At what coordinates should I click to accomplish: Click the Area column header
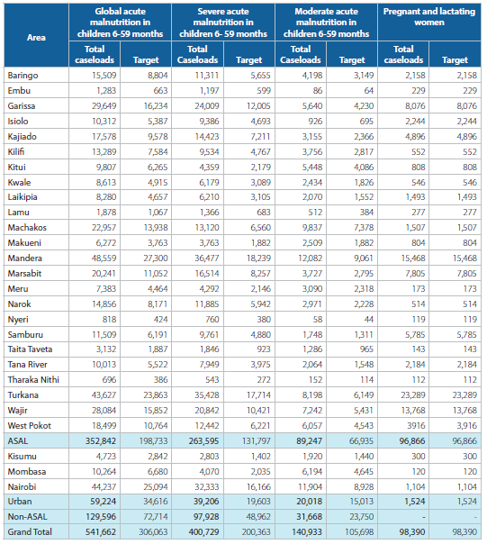click(36, 38)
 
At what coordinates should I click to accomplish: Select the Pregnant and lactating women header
click(429, 16)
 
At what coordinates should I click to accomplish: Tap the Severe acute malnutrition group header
click(223, 23)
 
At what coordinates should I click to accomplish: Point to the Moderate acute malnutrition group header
click(326, 23)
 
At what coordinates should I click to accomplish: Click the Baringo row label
click(23, 76)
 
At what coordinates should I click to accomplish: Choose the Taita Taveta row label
click(30, 349)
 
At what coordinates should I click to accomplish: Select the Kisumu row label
click(22, 457)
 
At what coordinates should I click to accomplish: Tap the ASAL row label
click(18, 441)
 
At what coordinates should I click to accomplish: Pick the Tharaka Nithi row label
click(33, 379)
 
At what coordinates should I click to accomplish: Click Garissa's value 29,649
click(104, 105)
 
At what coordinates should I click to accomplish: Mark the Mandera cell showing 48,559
click(104, 258)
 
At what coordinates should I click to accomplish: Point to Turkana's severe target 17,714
click(258, 394)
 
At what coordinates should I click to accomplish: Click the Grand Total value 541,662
click(101, 532)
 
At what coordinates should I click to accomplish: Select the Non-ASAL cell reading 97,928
click(206, 517)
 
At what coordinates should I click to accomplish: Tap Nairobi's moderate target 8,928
click(364, 486)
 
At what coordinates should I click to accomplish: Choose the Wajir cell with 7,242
click(312, 410)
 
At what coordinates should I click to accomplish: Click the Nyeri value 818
click(109, 319)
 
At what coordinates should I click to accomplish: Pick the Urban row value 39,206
click(206, 502)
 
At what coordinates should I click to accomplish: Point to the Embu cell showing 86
click(318, 91)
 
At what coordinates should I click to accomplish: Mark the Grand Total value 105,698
click(359, 532)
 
